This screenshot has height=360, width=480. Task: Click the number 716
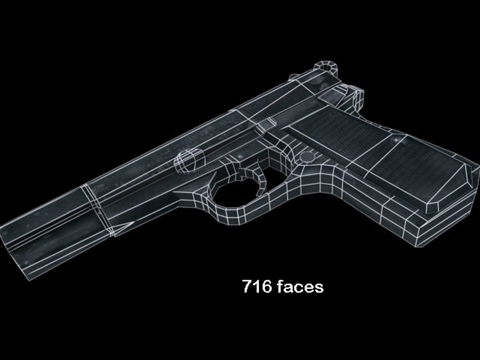pyautogui.click(x=257, y=286)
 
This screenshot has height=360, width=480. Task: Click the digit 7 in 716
pyautogui.click(x=247, y=286)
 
